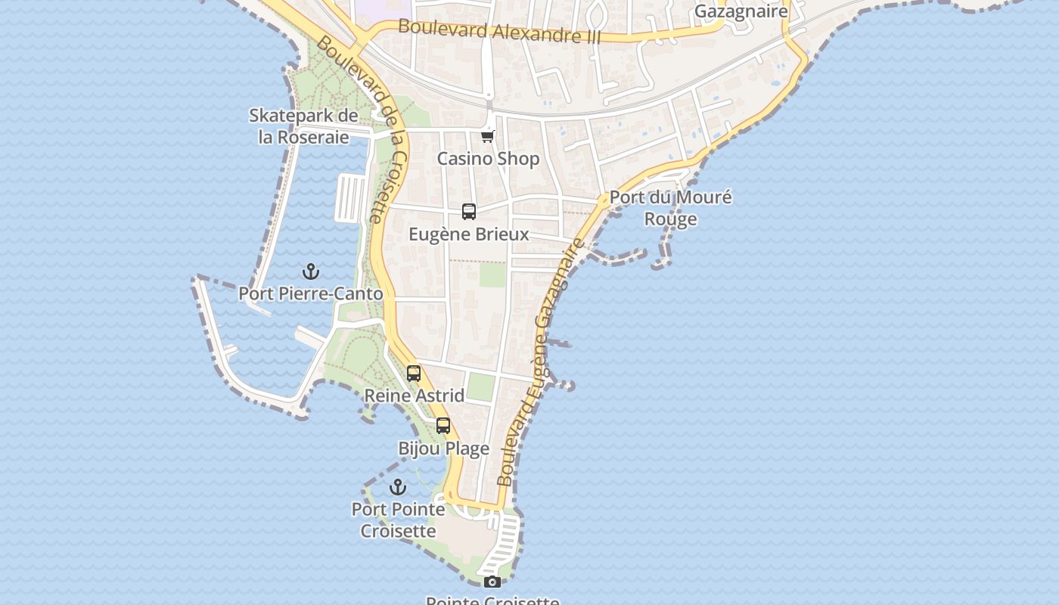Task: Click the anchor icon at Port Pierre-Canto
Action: (x=311, y=271)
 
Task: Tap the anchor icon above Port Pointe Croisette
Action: (x=398, y=487)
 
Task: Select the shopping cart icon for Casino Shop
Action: (x=488, y=137)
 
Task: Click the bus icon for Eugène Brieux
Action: (x=469, y=212)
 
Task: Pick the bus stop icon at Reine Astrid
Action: (x=414, y=373)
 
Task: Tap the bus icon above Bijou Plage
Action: (x=443, y=426)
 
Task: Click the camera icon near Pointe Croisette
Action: (x=492, y=582)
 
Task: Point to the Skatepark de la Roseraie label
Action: (x=303, y=126)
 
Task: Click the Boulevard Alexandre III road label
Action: (x=499, y=31)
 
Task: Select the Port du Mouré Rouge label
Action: (x=671, y=208)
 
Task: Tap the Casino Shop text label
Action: (x=489, y=159)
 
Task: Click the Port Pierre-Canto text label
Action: (x=311, y=293)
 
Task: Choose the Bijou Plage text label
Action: (x=444, y=448)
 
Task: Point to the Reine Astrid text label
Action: (x=415, y=396)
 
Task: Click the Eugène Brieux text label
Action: (x=469, y=234)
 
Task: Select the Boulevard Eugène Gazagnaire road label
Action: (x=540, y=363)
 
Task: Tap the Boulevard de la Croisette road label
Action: (x=364, y=129)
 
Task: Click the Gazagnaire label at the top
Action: (x=741, y=11)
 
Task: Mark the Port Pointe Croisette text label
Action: (x=398, y=520)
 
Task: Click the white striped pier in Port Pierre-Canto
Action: (x=350, y=197)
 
